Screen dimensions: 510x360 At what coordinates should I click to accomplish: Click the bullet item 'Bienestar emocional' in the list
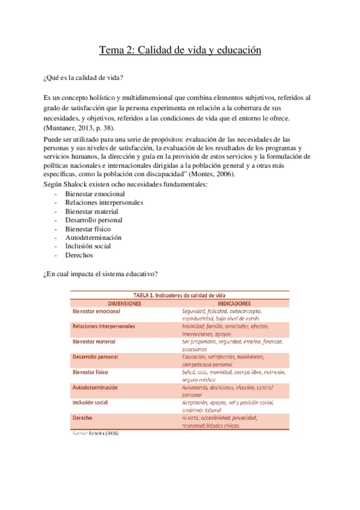(x=95, y=194)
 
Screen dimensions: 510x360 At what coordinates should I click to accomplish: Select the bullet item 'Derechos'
(x=79, y=255)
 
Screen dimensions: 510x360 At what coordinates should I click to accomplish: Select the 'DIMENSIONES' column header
(x=124, y=303)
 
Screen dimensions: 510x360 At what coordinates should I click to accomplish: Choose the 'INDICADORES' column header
(x=234, y=303)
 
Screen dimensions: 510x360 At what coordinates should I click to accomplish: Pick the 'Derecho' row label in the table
(x=82, y=417)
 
